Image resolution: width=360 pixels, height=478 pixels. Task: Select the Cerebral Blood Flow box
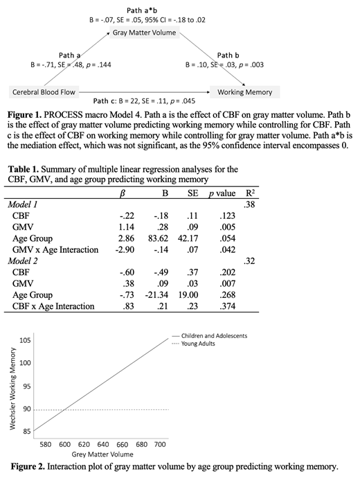pyautogui.click(x=44, y=91)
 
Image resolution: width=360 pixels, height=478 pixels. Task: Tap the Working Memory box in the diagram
pyautogui.click(x=244, y=91)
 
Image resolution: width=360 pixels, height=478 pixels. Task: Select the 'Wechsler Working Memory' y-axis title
pyautogui.click(x=12, y=388)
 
